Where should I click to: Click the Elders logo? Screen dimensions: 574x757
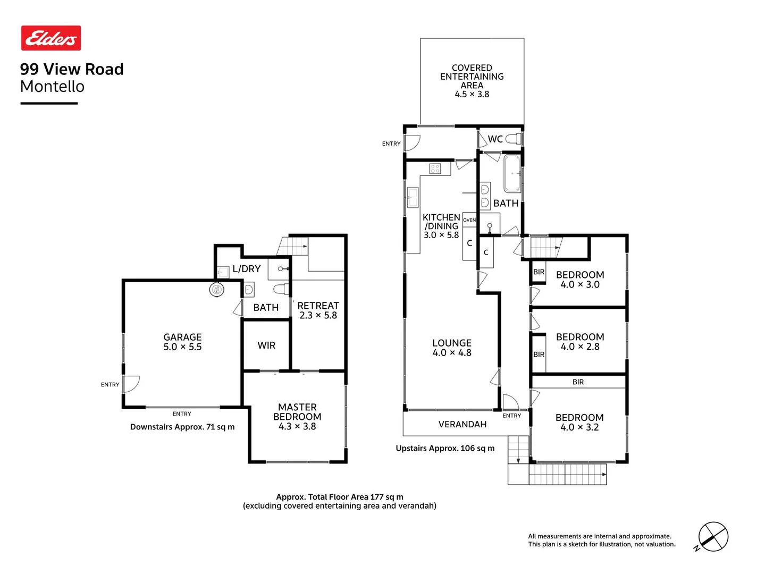(51, 38)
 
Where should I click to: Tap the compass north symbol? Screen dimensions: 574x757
(712, 537)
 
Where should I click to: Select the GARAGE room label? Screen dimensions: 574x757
(182, 342)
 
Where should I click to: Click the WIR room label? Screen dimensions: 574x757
(266, 345)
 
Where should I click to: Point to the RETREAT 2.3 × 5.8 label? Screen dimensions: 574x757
(318, 310)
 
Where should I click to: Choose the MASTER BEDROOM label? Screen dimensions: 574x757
(297, 416)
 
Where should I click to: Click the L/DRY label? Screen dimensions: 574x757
(247, 269)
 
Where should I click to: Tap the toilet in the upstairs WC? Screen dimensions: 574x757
(514, 139)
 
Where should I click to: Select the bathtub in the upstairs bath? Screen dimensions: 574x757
(512, 173)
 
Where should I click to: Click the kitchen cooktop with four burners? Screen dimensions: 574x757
(435, 169)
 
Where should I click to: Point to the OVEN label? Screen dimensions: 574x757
(469, 220)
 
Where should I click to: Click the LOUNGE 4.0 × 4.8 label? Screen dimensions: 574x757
(452, 348)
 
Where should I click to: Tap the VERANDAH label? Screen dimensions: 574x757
(462, 424)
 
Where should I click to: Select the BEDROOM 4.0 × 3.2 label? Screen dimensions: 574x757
(579, 422)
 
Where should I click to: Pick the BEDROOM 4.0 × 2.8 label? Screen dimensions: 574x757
(580, 342)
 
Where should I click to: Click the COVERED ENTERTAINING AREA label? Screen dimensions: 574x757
(472, 81)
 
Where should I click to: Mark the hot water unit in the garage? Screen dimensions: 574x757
(216, 290)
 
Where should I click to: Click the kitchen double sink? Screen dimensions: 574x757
(413, 197)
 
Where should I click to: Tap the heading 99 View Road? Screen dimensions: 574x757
(72, 69)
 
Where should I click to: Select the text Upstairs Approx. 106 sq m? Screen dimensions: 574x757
(445, 448)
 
